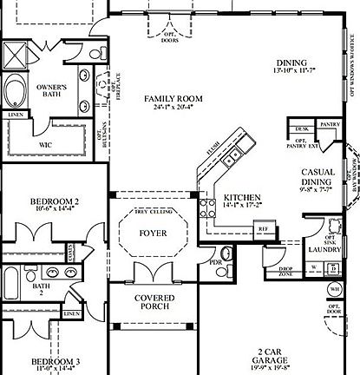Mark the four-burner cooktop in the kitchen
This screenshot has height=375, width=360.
208,207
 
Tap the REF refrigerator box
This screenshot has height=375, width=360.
261,228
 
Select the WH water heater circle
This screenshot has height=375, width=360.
334,288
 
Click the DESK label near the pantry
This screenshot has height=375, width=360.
302,128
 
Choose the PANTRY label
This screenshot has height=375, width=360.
330,125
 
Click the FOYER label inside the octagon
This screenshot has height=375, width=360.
153,234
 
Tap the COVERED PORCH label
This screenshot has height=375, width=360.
154,303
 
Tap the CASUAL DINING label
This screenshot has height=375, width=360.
317,177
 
